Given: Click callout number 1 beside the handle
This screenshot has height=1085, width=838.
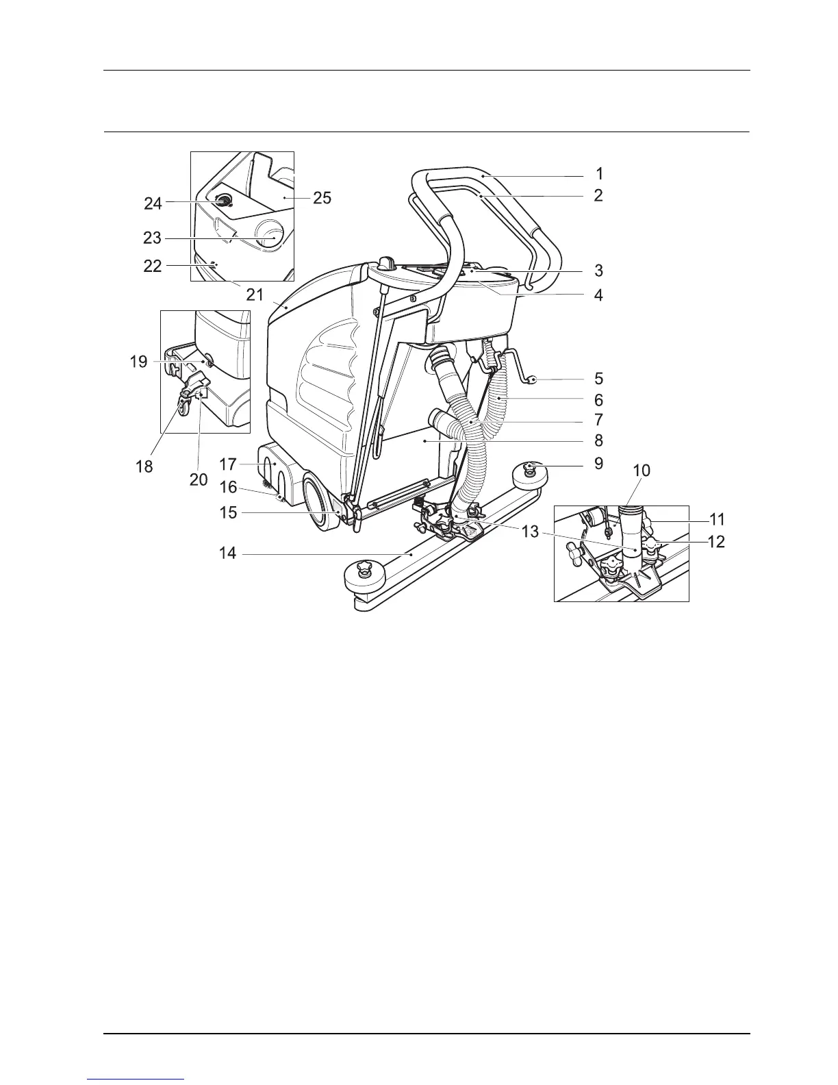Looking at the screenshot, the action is [x=599, y=174].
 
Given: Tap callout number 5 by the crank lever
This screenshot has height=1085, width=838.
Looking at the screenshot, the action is [x=598, y=378].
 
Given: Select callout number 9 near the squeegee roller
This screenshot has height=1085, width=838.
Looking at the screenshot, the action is [x=598, y=464].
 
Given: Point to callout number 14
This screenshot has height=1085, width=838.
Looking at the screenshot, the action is [x=228, y=553].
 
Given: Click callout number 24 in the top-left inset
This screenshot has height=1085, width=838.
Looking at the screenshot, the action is [x=153, y=203].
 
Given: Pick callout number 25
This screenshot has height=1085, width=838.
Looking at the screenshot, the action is [x=322, y=198].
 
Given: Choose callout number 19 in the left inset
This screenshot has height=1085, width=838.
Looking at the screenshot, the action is [x=139, y=361].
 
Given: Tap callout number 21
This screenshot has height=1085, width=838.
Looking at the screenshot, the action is [x=255, y=295].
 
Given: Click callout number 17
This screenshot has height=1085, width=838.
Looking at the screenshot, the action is [x=228, y=464].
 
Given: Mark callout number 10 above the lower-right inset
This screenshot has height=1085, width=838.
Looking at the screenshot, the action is [x=642, y=471].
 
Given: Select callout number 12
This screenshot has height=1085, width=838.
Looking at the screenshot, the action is [x=715, y=542].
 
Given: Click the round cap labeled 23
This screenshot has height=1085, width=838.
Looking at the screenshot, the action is [x=269, y=236].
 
